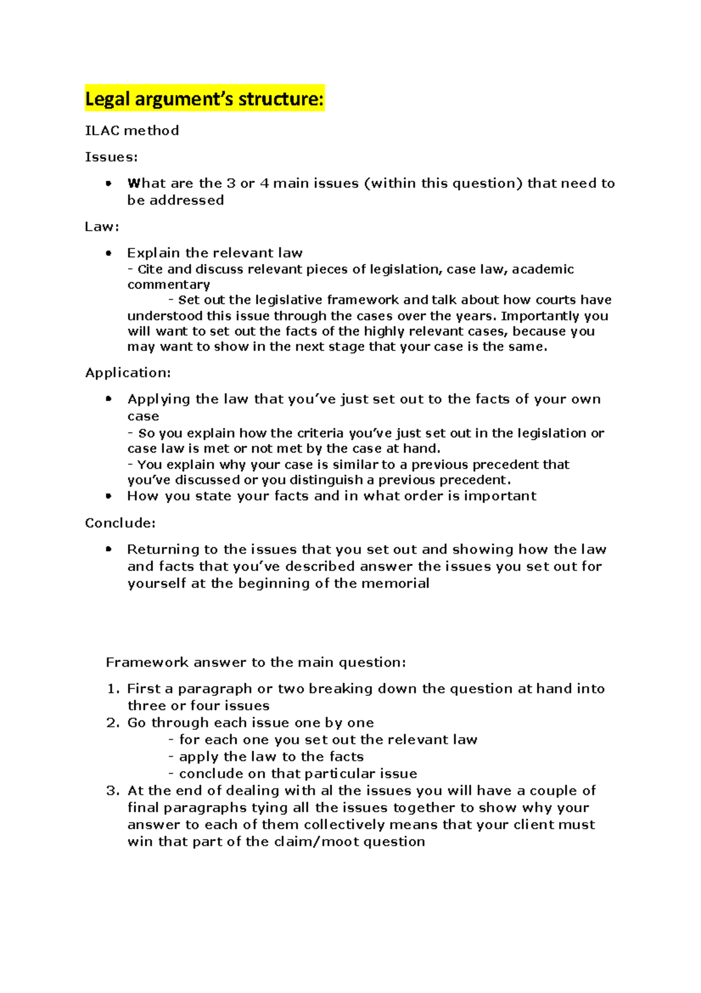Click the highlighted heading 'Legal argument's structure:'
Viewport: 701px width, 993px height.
204,99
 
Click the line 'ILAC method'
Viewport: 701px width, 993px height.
132,130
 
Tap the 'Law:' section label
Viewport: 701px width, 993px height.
102,226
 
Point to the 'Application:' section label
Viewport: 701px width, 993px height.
128,373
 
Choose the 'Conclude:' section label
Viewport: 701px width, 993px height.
120,523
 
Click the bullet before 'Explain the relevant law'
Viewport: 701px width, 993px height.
108,253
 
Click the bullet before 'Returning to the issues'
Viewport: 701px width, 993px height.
108,549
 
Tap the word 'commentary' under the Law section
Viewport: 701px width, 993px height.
169,285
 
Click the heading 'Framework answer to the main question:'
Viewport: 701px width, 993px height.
255,662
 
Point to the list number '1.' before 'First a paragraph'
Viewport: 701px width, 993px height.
113,689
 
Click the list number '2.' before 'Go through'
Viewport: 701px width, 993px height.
113,723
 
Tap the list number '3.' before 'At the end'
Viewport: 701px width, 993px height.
113,791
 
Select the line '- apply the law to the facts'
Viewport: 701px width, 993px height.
266,757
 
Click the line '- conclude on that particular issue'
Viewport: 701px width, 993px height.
293,774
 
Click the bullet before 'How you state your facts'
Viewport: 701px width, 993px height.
108,496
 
